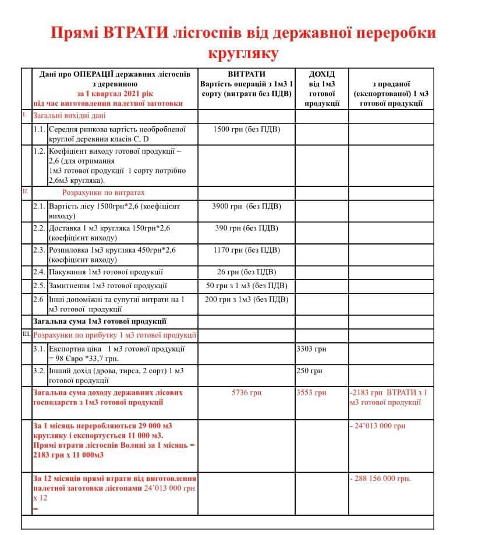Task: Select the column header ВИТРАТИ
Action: coord(246,74)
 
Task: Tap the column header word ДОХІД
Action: coord(321,74)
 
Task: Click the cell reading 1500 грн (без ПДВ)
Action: coord(247,129)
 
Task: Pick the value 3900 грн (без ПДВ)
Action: coord(247,206)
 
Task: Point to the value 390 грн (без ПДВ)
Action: coord(247,228)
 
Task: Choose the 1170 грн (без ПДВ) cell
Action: coord(247,250)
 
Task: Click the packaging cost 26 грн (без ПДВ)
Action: coord(247,272)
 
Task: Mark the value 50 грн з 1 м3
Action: coord(247,286)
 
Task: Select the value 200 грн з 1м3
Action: coord(247,300)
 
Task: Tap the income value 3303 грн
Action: coord(311,349)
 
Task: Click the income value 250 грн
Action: coord(309,371)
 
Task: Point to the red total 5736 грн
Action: coord(247,392)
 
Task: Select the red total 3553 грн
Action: coord(311,392)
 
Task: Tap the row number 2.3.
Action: coord(39,250)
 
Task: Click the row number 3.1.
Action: coord(39,349)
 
